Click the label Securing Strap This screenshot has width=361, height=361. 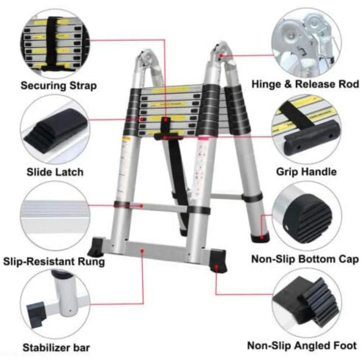pyautogui.click(x=58, y=86)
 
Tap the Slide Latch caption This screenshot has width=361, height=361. pyautogui.click(x=55, y=171)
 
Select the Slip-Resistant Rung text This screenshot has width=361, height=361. pyautogui.click(x=54, y=261)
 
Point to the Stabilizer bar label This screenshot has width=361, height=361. pyautogui.click(x=56, y=348)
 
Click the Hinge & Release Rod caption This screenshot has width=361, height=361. pyautogui.click(x=305, y=84)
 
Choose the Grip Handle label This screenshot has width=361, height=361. pyautogui.click(x=306, y=171)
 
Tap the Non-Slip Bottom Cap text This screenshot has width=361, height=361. pyautogui.click(x=305, y=259)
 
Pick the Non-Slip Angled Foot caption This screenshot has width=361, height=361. pyautogui.click(x=302, y=345)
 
